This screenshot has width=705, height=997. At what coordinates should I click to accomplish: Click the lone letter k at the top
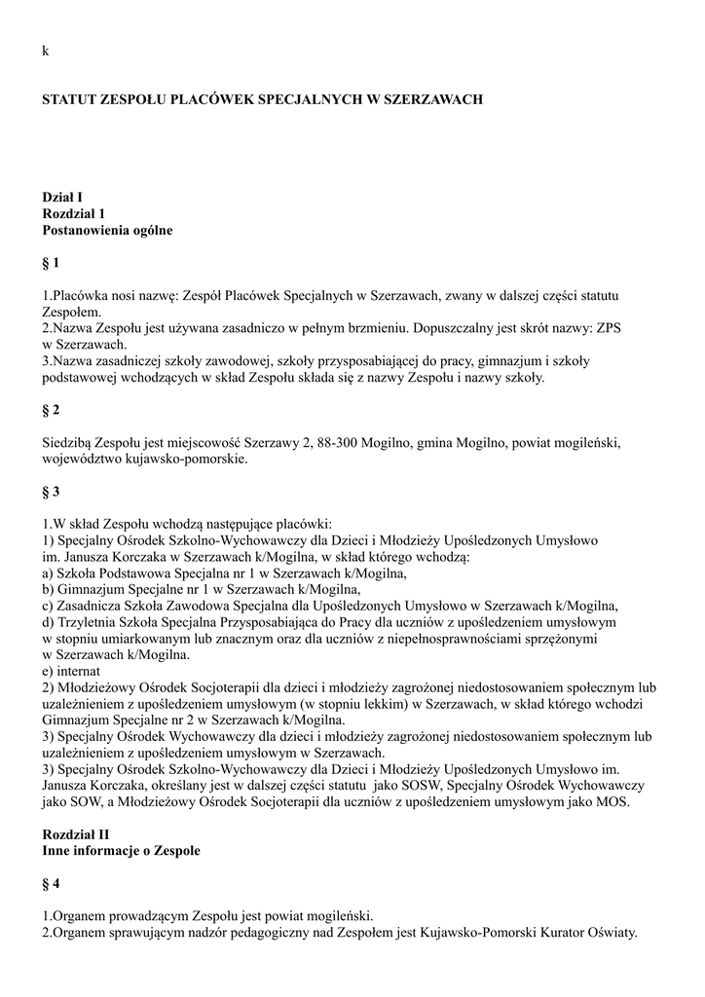pyautogui.click(x=45, y=51)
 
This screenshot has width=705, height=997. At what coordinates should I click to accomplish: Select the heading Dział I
pyautogui.click(x=62, y=197)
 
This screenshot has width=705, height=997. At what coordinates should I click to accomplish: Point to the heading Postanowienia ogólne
pyautogui.click(x=107, y=230)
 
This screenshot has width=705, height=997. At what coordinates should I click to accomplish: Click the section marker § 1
pyautogui.click(x=52, y=263)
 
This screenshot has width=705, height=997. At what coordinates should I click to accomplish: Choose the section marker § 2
pyautogui.click(x=52, y=411)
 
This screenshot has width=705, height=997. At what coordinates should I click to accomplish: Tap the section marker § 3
pyautogui.click(x=52, y=493)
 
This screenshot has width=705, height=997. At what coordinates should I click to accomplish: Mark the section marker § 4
pyautogui.click(x=52, y=883)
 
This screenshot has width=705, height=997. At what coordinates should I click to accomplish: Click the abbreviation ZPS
pyautogui.click(x=607, y=328)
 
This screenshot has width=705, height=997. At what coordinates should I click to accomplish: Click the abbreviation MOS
pyautogui.click(x=614, y=802)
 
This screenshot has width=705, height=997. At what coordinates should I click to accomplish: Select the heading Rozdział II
pyautogui.click(x=77, y=834)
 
